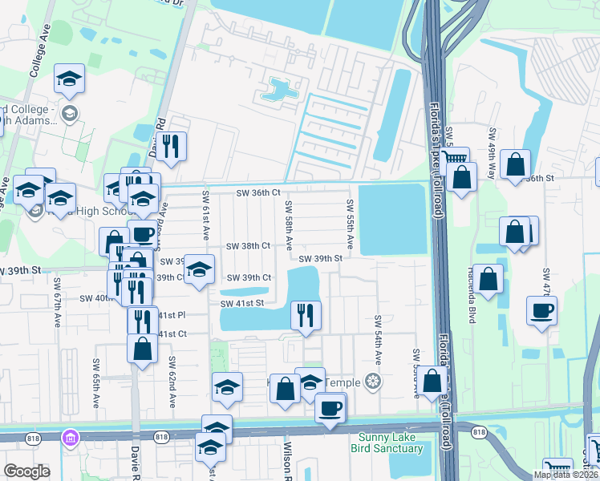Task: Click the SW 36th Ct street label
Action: tap(257, 193)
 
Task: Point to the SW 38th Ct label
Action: tap(248, 246)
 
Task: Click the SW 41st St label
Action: tap(242, 303)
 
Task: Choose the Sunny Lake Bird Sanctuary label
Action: tap(387, 443)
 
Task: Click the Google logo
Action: tap(26, 471)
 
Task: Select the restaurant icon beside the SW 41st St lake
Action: tap(306, 313)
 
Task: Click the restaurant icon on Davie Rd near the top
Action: tap(171, 144)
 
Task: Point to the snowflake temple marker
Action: tap(371, 381)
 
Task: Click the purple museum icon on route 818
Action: tap(70, 438)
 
